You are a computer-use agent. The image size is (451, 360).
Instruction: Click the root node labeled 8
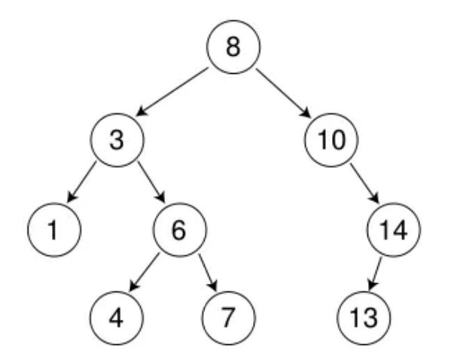pyautogui.click(x=233, y=47)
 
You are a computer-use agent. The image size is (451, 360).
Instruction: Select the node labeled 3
pyautogui.click(x=117, y=140)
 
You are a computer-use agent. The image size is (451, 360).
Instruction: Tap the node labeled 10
pyautogui.click(x=331, y=140)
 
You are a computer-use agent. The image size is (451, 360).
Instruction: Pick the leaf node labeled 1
pyautogui.click(x=54, y=230)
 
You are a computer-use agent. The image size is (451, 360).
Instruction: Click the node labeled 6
pyautogui.click(x=180, y=230)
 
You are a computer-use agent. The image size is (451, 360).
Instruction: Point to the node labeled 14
pyautogui.click(x=394, y=230)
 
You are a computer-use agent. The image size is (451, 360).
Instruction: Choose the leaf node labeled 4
pyautogui.click(x=117, y=318)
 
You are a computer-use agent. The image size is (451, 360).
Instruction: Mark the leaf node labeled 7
pyautogui.click(x=229, y=318)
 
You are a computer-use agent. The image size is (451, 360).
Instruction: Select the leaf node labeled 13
pyautogui.click(x=364, y=318)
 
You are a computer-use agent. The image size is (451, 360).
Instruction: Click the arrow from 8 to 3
pyautogui.click(x=172, y=92)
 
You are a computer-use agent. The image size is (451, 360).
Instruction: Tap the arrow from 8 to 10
pyautogui.click(x=284, y=93)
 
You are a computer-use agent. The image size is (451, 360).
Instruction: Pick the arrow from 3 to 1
pyautogui.click(x=81, y=182)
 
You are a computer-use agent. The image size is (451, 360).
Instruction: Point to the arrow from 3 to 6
pyautogui.click(x=151, y=182)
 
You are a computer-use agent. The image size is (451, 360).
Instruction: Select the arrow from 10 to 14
pyautogui.click(x=364, y=183)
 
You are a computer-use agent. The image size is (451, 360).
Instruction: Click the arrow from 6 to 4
pyautogui.click(x=144, y=272)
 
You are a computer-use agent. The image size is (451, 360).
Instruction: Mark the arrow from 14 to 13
pyautogui.click(x=375, y=273)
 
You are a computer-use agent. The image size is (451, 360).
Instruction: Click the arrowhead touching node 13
pyautogui.click(x=372, y=285)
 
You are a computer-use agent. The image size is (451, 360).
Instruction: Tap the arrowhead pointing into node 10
pyautogui.click(x=306, y=112)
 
